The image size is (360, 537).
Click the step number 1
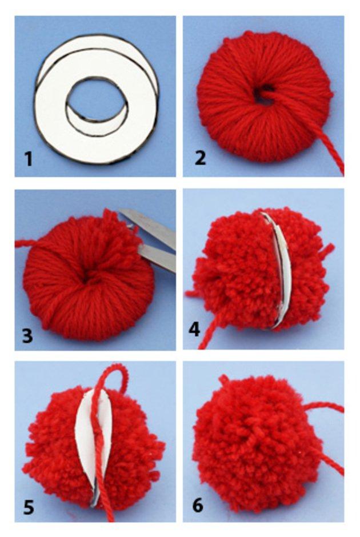coord(29,159)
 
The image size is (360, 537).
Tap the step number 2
coord(201,158)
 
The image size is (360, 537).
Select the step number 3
coord(28,335)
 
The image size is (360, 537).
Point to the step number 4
coord(194,330)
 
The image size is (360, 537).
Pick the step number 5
coord(29,507)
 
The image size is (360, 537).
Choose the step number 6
coord(198,505)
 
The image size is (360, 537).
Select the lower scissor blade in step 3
coord(158,257)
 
